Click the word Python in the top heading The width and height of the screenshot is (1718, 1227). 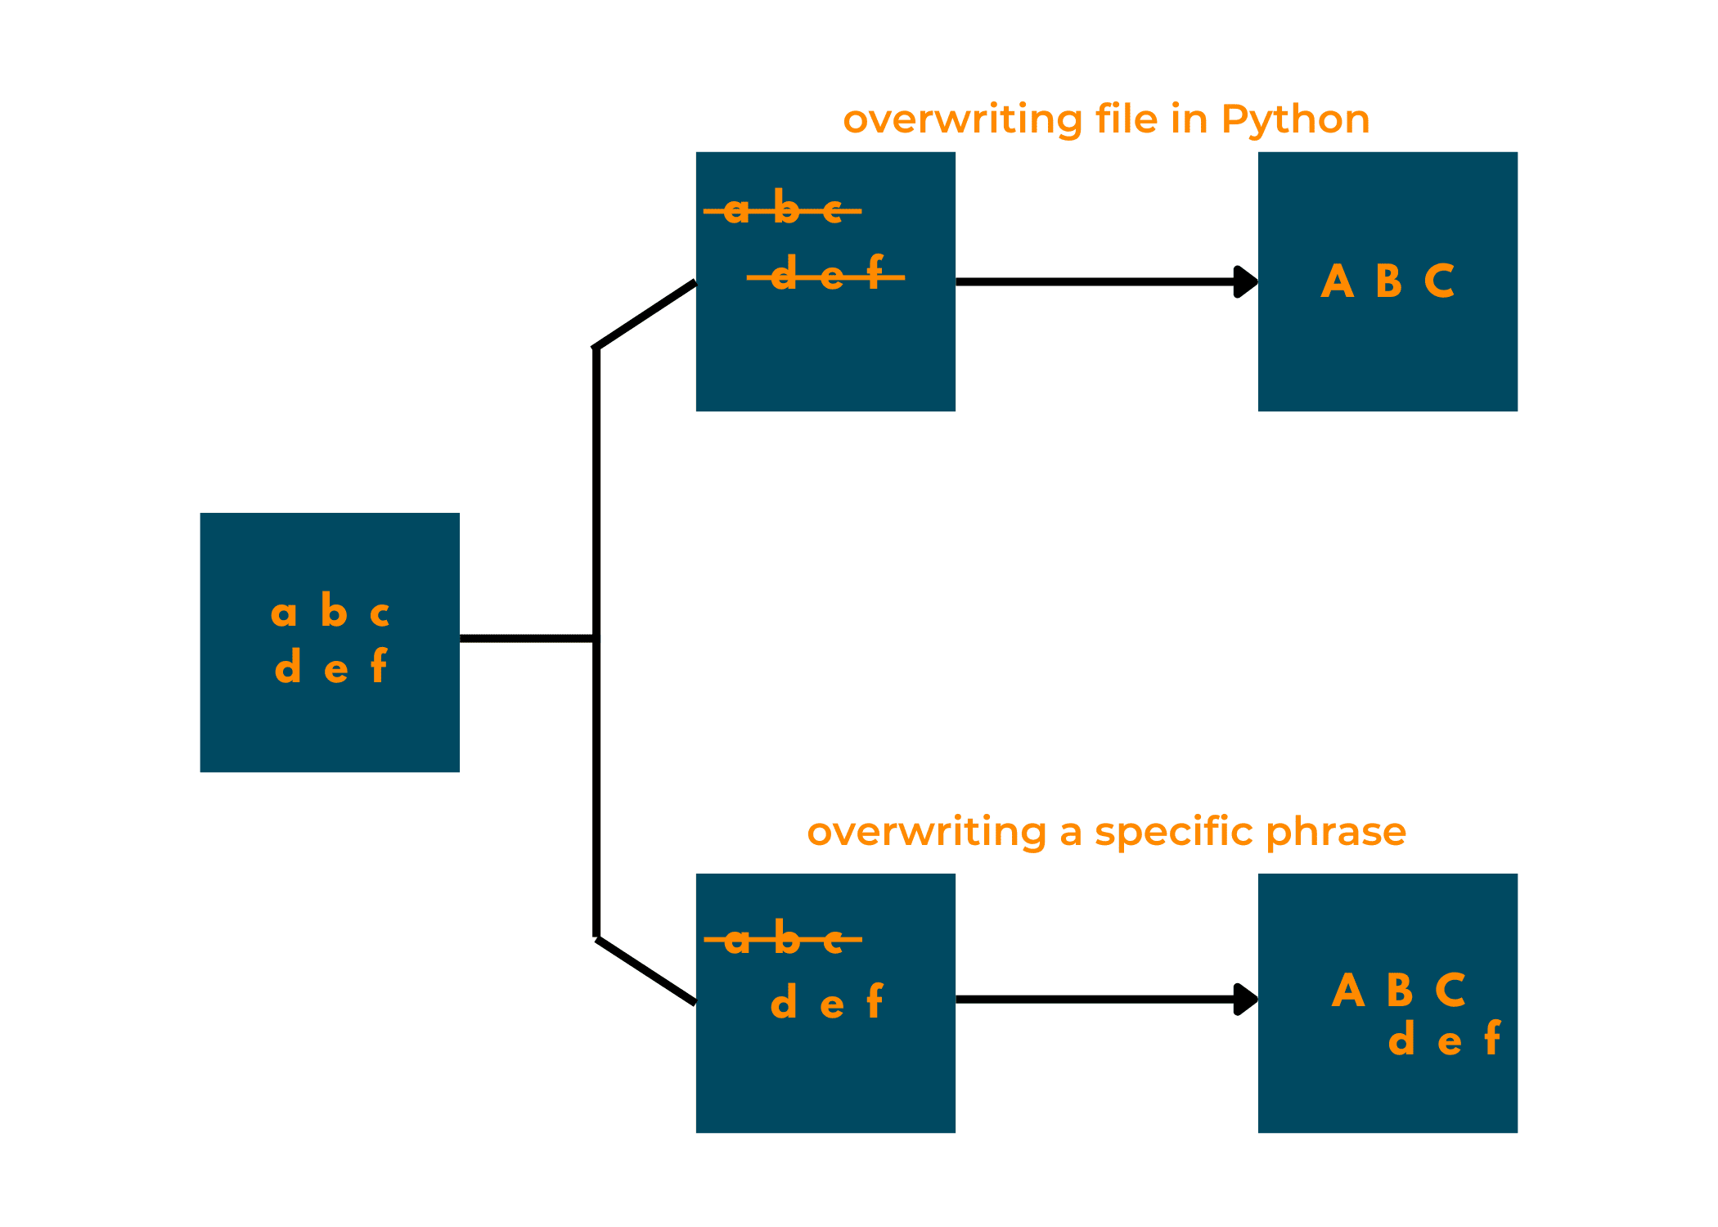click(x=1294, y=120)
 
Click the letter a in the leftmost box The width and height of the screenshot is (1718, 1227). click(x=283, y=613)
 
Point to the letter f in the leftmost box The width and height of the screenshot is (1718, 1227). click(x=378, y=666)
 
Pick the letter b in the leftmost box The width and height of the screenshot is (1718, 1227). click(x=334, y=610)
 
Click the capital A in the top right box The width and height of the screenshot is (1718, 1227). click(x=1337, y=281)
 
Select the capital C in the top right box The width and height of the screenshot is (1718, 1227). click(x=1439, y=281)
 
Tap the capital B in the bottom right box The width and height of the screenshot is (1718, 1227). click(x=1400, y=991)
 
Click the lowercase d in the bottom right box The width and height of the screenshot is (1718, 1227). click(x=1401, y=1039)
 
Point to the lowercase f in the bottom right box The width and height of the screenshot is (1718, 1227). click(x=1492, y=1038)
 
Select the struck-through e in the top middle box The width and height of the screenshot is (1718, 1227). click(x=831, y=276)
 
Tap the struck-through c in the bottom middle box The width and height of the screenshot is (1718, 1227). click(x=833, y=942)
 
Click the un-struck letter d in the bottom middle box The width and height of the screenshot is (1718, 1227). click(x=784, y=1001)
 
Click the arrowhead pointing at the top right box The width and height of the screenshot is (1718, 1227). click(x=1244, y=281)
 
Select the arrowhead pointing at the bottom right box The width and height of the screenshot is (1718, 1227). click(x=1244, y=999)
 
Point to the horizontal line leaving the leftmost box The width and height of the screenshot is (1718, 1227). click(x=527, y=638)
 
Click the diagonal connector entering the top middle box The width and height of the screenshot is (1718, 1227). click(x=646, y=315)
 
